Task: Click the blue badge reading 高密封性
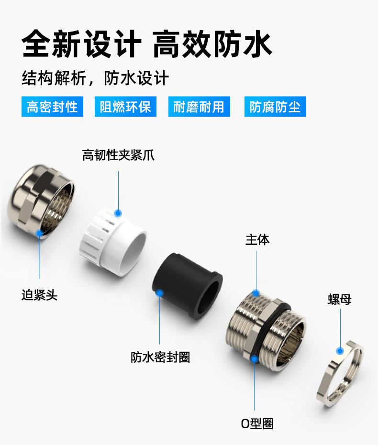[52, 107]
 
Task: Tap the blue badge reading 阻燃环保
[125, 107]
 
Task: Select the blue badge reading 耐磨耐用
[199, 107]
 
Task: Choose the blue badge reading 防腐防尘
[275, 107]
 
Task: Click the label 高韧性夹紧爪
[118, 155]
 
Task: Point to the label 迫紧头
[39, 295]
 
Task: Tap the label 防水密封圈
[160, 357]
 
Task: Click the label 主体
[257, 239]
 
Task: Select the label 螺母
[340, 300]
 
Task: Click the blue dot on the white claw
[118, 213]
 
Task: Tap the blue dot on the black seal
[160, 292]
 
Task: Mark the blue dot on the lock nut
[340, 351]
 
